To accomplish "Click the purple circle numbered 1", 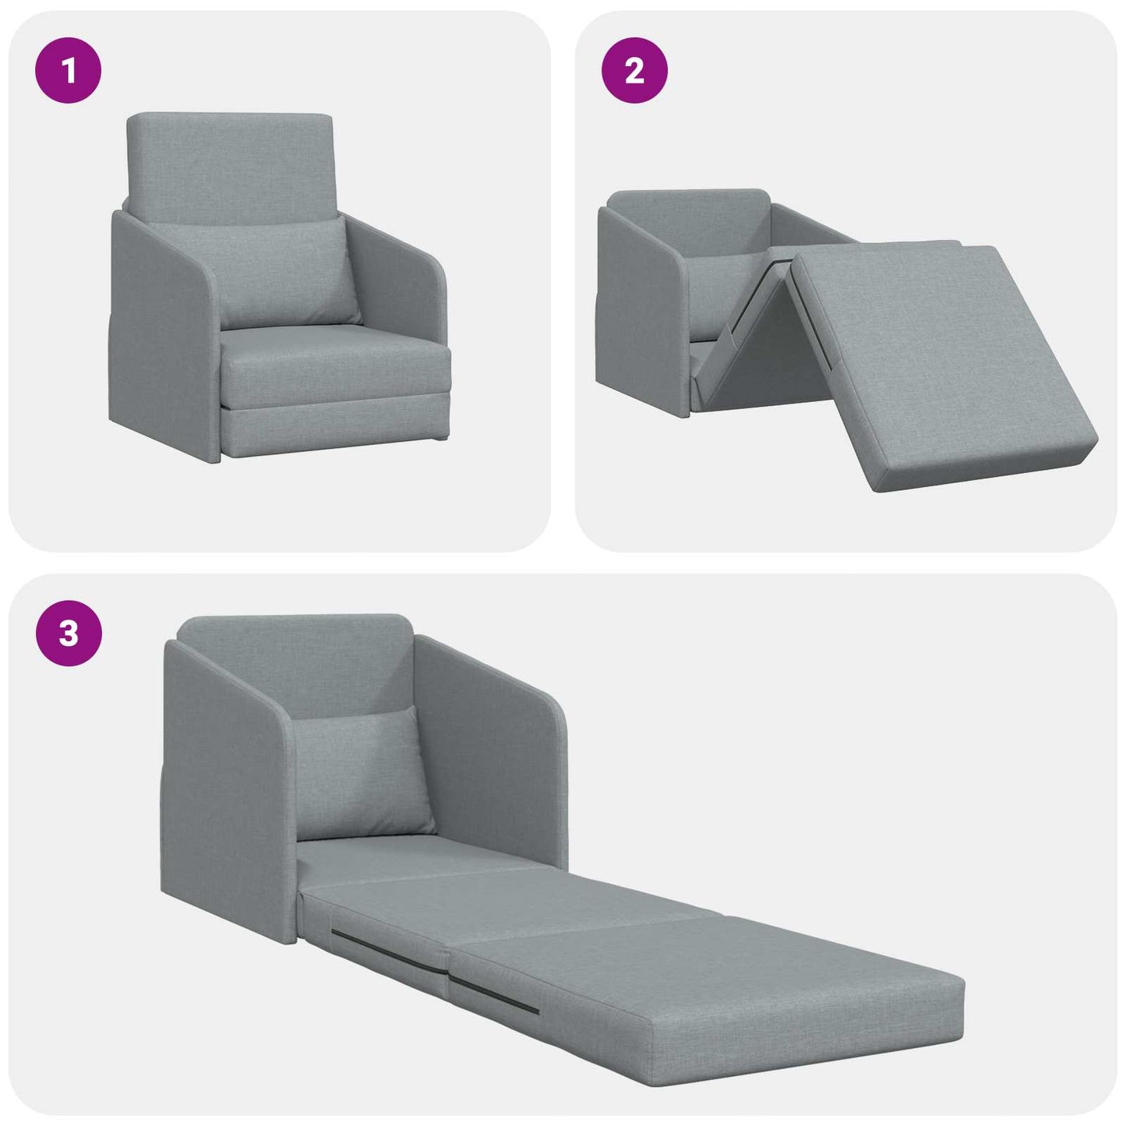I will [x=69, y=71].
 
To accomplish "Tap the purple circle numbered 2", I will [x=634, y=71].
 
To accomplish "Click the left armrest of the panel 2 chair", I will [x=639, y=304].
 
